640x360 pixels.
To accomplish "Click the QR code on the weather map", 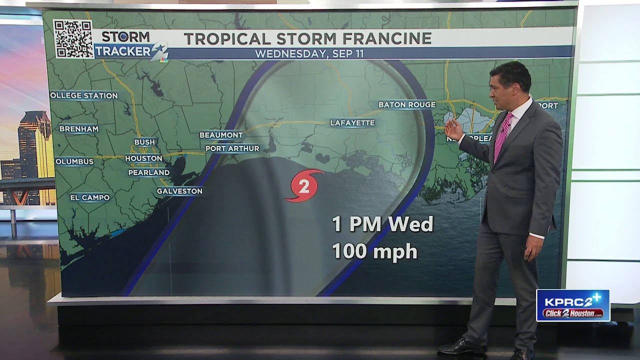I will (x=73, y=39).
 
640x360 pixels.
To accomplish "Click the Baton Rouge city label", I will (x=406, y=104).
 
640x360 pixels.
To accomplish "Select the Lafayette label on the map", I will (x=352, y=122).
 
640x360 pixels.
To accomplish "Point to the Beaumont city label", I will (x=221, y=135).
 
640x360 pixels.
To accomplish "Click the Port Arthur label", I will (x=232, y=148).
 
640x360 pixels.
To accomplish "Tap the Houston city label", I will (x=143, y=158).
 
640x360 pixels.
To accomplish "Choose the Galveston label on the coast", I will (x=179, y=191).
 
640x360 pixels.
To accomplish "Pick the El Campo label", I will (x=89, y=198).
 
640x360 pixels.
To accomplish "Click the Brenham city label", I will (x=78, y=129).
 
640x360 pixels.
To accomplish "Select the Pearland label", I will (x=148, y=172).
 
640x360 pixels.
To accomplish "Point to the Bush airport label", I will (x=144, y=142).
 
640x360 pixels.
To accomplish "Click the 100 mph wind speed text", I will (x=374, y=251).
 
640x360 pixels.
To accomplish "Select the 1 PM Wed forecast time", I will (x=382, y=224).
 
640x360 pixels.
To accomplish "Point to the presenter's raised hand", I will (x=453, y=129).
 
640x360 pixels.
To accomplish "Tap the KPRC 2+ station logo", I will (x=572, y=305).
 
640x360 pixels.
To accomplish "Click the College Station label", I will (x=84, y=95).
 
